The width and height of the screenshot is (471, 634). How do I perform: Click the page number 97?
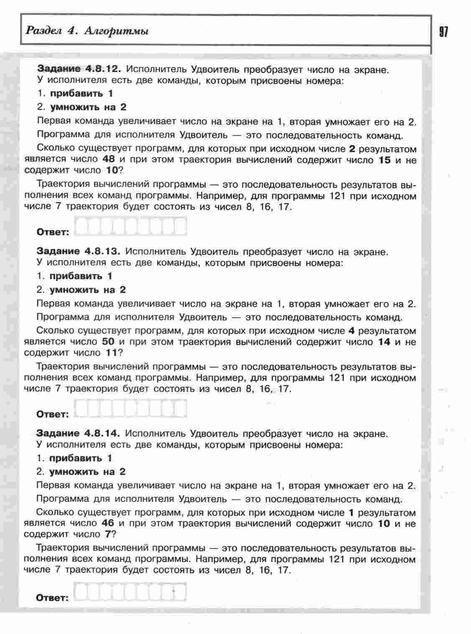click(x=443, y=32)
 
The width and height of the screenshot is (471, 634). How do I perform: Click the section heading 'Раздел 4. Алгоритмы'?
click(x=87, y=31)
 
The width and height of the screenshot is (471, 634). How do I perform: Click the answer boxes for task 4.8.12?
click(x=130, y=227)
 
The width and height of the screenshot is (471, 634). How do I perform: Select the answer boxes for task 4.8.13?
click(x=130, y=409)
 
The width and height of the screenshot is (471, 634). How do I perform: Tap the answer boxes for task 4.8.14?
click(x=130, y=592)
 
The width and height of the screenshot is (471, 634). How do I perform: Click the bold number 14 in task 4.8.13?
click(x=384, y=342)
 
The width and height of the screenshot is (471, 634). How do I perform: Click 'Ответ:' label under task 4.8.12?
click(x=53, y=232)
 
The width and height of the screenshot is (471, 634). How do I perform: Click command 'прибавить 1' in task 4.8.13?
click(x=81, y=276)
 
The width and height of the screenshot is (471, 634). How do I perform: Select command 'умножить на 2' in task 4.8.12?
click(x=88, y=107)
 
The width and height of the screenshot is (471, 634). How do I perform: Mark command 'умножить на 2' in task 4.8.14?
click(x=87, y=472)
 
